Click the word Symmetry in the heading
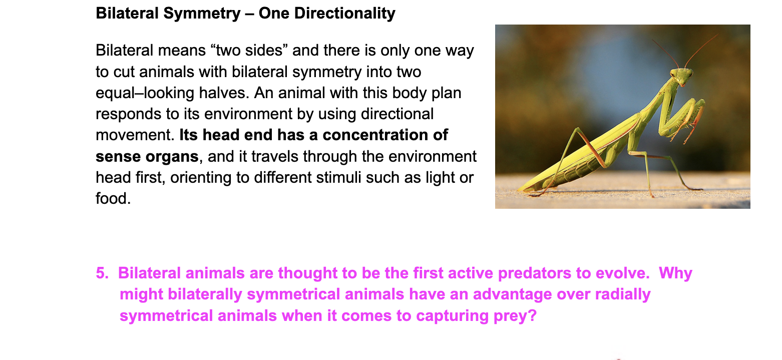click(x=202, y=14)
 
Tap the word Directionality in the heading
click(x=344, y=14)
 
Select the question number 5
click(x=102, y=273)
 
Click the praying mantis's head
click(x=681, y=76)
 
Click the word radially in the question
click(x=623, y=294)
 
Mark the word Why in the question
click(x=675, y=273)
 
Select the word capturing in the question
click(x=452, y=316)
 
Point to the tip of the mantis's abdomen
click(x=519, y=190)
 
